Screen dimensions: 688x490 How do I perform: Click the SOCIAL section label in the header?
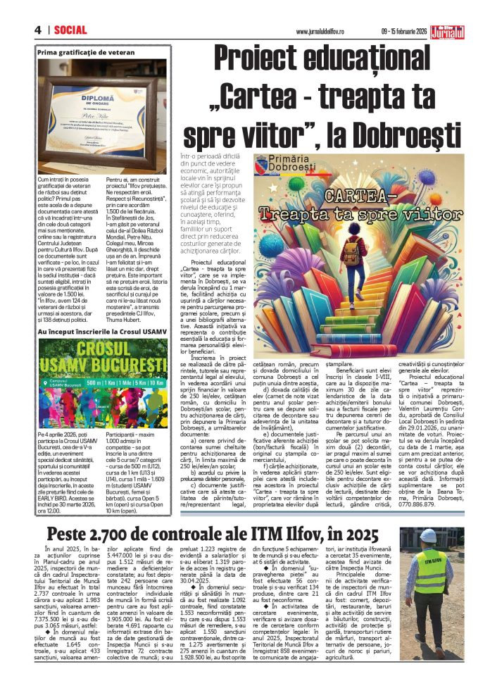pos(69,31)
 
